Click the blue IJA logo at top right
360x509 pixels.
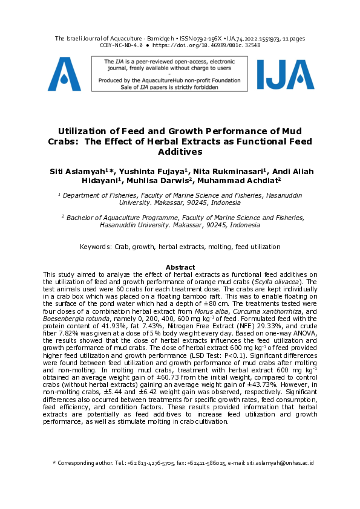(285, 74)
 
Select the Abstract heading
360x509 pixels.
(180, 267)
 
